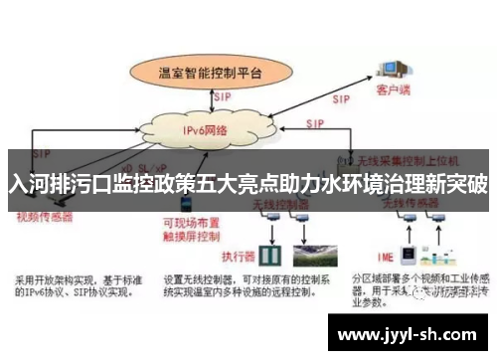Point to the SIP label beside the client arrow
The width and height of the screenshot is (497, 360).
click(x=340, y=99)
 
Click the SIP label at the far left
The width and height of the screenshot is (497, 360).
click(x=42, y=155)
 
